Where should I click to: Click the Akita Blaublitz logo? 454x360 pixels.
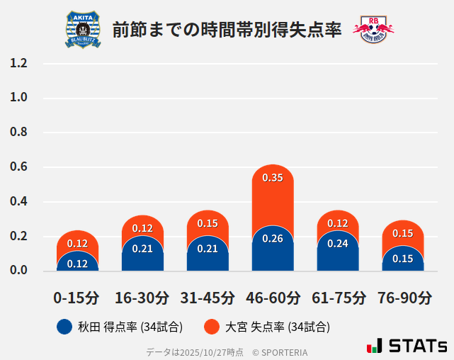coord(83,30)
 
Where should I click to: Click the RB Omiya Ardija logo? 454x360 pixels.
coord(373,30)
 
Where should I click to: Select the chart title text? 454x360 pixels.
coord(227,30)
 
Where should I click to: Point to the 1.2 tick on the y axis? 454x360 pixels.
coord(18,63)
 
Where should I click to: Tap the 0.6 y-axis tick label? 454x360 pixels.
coord(18,167)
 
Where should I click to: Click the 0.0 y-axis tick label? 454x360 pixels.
coord(18,271)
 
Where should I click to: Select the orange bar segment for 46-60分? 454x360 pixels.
coord(273,202)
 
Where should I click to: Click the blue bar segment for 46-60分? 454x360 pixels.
coord(273,252)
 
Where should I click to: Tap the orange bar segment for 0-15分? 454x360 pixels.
coord(77,240)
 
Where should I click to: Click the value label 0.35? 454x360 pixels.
coord(273,178)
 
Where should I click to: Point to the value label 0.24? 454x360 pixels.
coord(338,243)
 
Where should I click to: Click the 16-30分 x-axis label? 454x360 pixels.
coord(142,298)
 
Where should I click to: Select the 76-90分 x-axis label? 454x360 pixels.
coord(403,298)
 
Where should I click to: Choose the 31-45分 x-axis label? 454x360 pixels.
coord(208,298)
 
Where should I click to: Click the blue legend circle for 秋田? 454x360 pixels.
coord(64,327)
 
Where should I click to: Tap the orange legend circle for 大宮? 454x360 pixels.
coord(210,327)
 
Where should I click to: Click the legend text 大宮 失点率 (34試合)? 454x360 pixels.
coord(277,327)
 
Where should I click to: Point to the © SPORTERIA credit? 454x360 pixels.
coord(280,351)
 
